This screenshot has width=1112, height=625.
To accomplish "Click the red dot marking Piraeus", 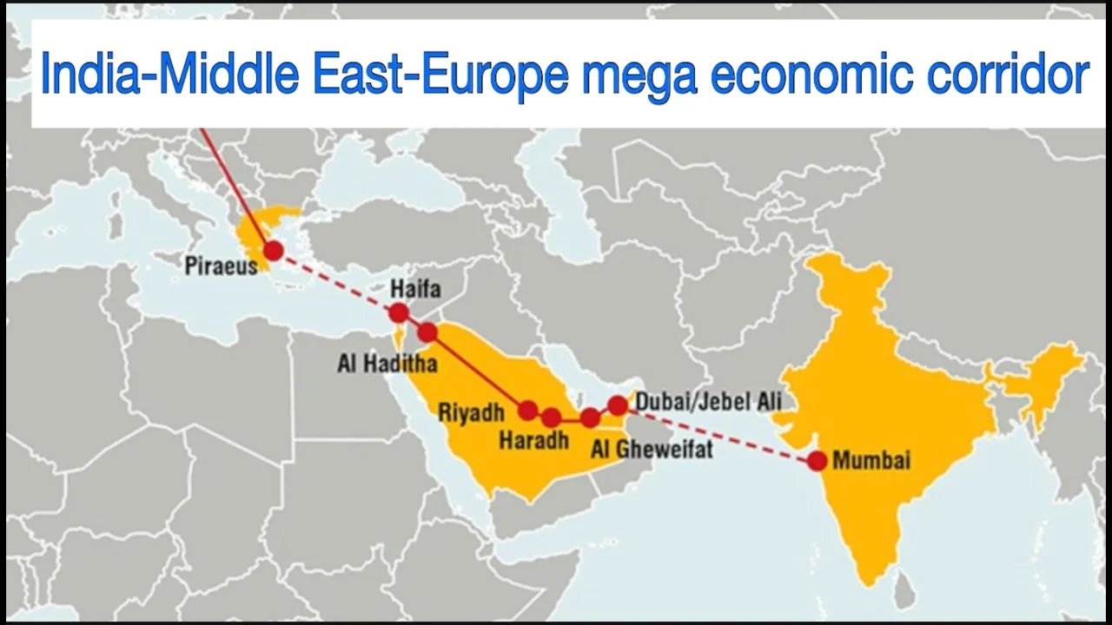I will tap(274, 251).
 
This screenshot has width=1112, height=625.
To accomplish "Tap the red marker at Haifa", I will tap(399, 312).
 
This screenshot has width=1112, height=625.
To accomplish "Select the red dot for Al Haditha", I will tap(427, 332).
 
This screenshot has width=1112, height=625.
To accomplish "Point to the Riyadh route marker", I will tap(527, 410).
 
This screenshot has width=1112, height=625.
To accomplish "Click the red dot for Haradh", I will tap(551, 418).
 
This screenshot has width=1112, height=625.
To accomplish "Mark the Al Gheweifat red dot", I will tap(591, 418).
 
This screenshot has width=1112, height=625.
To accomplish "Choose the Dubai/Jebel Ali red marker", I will tap(618, 405).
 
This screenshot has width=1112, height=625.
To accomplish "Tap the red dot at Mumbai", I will tap(817, 461).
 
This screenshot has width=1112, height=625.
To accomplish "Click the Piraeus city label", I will tap(221, 266).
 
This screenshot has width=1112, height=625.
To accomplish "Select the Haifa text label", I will tap(415, 288).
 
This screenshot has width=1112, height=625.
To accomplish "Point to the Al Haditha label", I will tap(387, 363).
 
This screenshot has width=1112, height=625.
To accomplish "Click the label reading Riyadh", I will tap(471, 412).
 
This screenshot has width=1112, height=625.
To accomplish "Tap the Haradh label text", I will tap(533, 441).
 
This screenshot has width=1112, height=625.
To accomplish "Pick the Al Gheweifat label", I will tap(652, 449).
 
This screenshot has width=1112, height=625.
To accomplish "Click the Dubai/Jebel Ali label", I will tap(708, 401).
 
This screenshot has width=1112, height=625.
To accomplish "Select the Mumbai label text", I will tap(871, 460).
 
